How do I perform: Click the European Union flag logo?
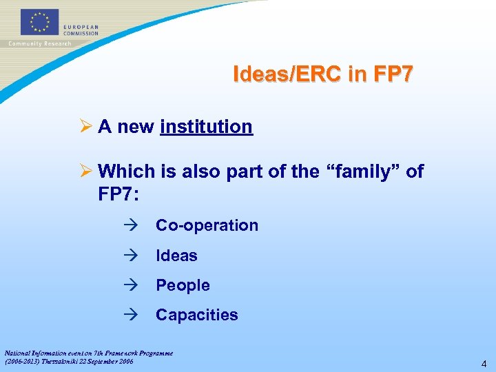(x=40, y=21)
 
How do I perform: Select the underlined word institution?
(x=206, y=127)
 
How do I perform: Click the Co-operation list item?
(x=207, y=225)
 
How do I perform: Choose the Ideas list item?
(x=176, y=256)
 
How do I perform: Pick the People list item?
(x=183, y=285)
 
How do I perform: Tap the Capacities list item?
(x=196, y=315)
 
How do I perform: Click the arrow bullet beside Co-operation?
(x=132, y=225)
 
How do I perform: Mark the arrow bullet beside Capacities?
(x=132, y=315)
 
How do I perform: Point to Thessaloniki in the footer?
(x=67, y=361)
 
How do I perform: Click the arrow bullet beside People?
(x=132, y=285)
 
